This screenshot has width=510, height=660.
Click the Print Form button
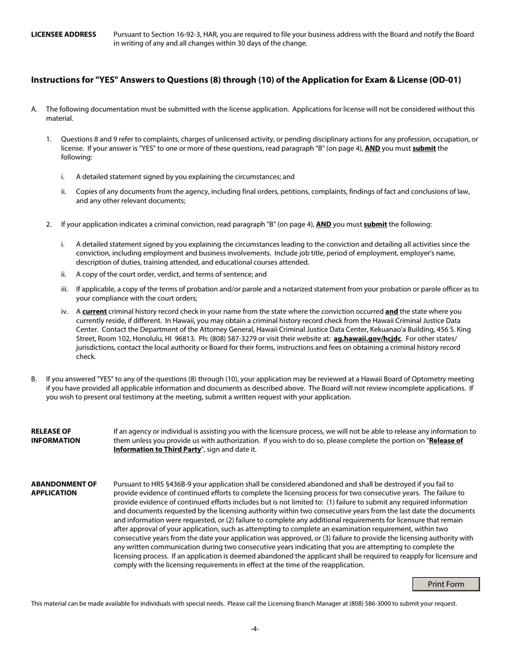click(446, 584)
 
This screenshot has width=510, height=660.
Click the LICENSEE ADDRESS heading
click(63, 34)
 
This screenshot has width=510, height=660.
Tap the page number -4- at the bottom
click(254, 629)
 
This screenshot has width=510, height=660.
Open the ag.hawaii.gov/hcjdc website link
click(367, 339)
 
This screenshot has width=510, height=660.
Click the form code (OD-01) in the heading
click(445, 80)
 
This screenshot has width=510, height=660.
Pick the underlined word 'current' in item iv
click(94, 311)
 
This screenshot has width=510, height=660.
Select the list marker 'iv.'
click(64, 311)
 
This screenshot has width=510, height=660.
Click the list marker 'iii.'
click(64, 289)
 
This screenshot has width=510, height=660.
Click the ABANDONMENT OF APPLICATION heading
click(63, 488)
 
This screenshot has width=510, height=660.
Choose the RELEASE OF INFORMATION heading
click(55, 436)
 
